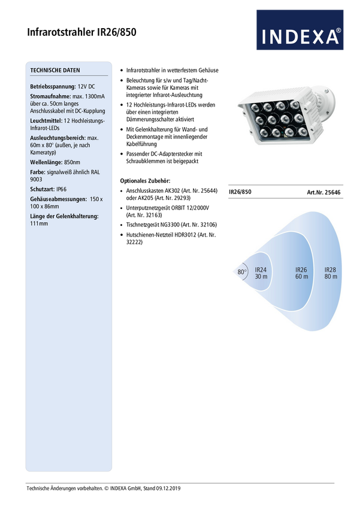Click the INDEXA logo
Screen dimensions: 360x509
(300, 30)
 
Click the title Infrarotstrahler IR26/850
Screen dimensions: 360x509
(81, 32)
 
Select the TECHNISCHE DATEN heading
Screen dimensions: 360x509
(55, 70)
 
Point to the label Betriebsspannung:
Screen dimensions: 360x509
(53, 87)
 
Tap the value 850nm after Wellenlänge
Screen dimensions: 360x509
(72, 162)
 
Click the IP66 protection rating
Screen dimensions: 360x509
(61, 189)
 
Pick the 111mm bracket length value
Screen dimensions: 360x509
(39, 224)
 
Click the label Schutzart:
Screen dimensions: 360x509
(43, 189)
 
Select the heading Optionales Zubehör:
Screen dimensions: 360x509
(145, 181)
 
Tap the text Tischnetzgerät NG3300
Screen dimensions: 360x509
(153, 225)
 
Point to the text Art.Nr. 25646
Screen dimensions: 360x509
(323, 192)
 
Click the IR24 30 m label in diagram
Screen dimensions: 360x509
(261, 273)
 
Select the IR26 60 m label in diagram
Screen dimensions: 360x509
(301, 273)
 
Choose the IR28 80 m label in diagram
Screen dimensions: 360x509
(331, 273)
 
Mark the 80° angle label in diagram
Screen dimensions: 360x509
(242, 272)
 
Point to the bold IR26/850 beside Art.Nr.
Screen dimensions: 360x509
(240, 192)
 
